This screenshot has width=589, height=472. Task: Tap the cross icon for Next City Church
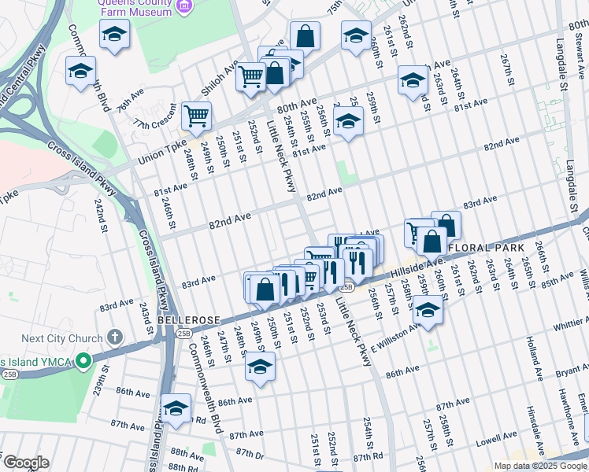pyautogui.click(x=115, y=338)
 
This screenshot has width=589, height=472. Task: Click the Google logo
pyautogui.click(x=26, y=462)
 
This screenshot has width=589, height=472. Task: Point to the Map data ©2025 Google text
pyautogui.click(x=540, y=466)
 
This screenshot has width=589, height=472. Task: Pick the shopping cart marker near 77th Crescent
pyautogui.click(x=196, y=116)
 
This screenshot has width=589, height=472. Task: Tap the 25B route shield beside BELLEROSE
pyautogui.click(x=183, y=334)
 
